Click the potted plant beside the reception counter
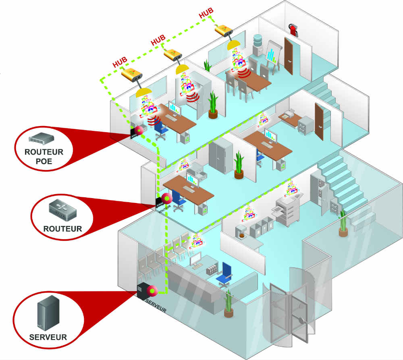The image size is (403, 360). tap(229, 302)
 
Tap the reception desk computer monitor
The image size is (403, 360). tap(196, 258)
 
